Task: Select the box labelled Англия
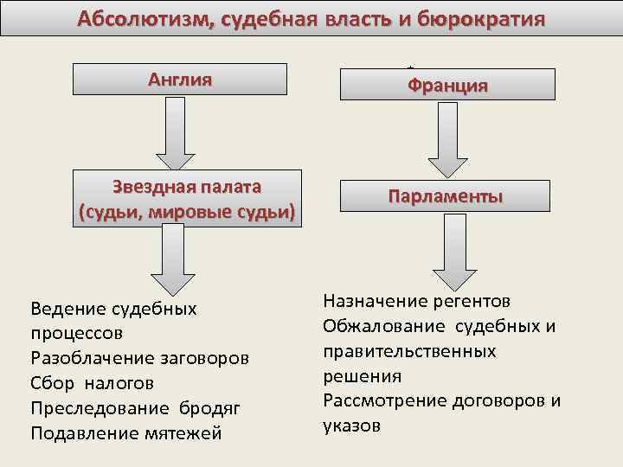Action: pyautogui.click(x=179, y=80)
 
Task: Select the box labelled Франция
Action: pyautogui.click(x=448, y=86)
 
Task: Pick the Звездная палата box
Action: pyautogui.click(x=186, y=200)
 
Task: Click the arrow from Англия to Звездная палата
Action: pyautogui.click(x=177, y=131)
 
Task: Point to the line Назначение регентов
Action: pyautogui.click(x=416, y=301)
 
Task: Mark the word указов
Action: pyautogui.click(x=350, y=426)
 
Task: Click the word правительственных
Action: pyautogui.click(x=409, y=351)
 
